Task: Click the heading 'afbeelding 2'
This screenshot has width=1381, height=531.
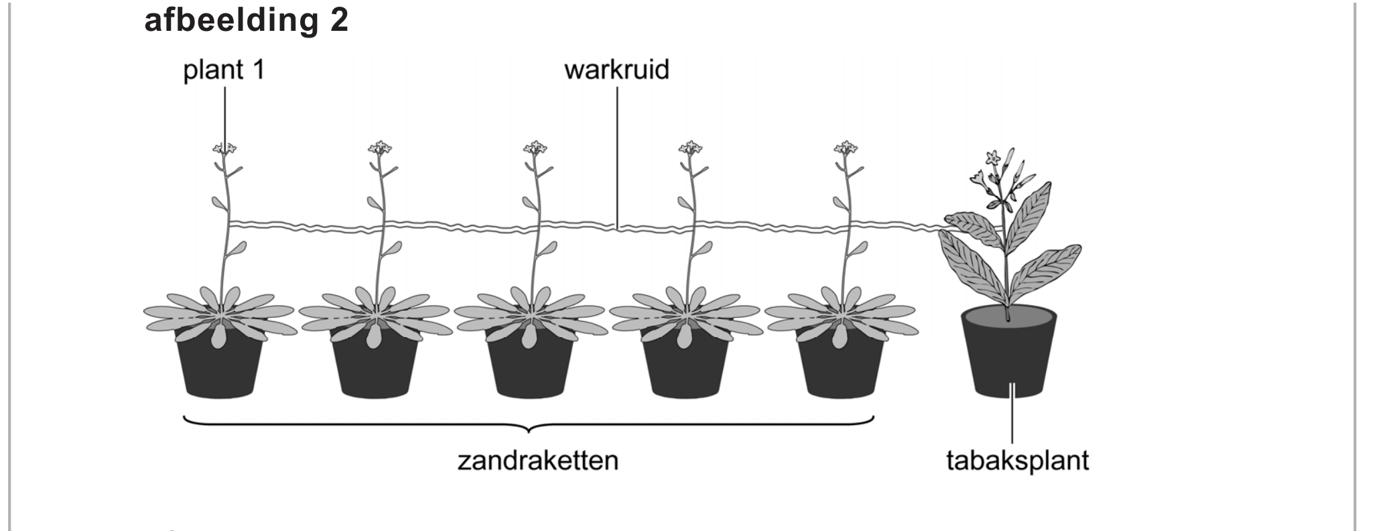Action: (246, 20)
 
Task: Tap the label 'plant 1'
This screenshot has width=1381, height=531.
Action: (224, 70)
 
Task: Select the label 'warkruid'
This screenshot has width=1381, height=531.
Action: (616, 70)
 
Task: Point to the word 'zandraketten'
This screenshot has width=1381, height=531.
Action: (537, 461)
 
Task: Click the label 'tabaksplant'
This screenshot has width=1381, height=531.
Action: (1017, 461)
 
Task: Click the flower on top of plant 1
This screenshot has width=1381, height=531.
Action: (224, 147)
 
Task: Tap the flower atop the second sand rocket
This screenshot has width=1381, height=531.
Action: (380, 147)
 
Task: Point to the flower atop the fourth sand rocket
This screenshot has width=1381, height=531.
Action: (690, 147)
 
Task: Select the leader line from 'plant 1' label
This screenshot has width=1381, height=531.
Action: (224, 114)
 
